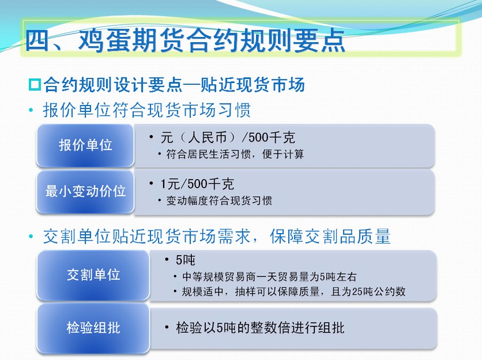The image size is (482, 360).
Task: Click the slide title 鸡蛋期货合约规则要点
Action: click(x=212, y=40)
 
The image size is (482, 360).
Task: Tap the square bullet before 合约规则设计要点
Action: click(x=35, y=85)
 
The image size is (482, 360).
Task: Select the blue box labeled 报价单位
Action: click(x=85, y=145)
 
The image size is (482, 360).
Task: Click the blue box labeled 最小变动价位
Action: click(x=85, y=192)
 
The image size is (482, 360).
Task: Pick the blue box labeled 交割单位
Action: click(x=93, y=275)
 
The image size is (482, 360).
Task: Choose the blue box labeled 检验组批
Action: click(x=93, y=328)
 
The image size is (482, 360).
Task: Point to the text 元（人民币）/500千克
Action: click(x=228, y=137)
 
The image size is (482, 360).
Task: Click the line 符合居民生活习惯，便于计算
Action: click(x=235, y=154)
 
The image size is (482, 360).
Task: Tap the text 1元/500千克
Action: click(x=197, y=184)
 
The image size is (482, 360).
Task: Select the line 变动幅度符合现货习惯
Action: click(x=219, y=201)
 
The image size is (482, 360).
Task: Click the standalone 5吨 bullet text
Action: click(x=185, y=260)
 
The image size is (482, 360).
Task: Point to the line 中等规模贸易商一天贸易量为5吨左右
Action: click(x=269, y=276)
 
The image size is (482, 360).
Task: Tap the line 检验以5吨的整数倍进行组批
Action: click(x=260, y=328)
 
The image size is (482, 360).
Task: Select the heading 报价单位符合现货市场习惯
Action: click(x=147, y=110)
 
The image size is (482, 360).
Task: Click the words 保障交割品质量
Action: click(x=330, y=237)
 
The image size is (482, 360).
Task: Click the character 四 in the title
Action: click(x=37, y=40)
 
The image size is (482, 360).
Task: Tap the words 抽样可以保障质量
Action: click(x=277, y=291)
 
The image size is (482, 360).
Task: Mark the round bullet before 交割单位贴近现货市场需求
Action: click(x=31, y=237)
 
